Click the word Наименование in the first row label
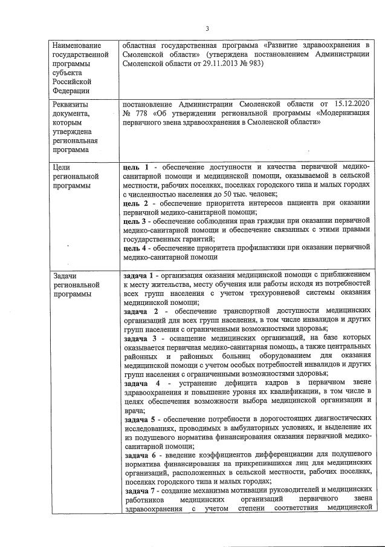click(77, 45)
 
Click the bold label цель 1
click(135, 166)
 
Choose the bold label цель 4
click(135, 247)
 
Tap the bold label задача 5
click(141, 419)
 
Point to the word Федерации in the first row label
click(72, 90)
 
